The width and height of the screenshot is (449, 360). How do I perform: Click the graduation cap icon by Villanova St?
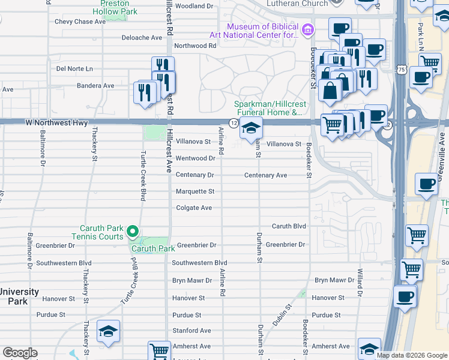click(251, 128)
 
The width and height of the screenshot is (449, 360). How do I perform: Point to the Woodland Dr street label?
click(194, 6)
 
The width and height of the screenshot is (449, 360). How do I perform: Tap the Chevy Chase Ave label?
click(80, 22)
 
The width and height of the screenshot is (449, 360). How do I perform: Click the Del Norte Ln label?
click(74, 68)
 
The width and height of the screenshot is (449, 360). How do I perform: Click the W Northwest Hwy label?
click(56, 123)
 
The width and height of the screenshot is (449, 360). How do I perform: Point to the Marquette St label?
click(194, 191)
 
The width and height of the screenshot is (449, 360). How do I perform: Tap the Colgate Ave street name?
click(194, 208)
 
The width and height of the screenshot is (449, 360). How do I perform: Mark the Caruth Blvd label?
click(289, 226)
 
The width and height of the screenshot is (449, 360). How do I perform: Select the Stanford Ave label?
click(192, 331)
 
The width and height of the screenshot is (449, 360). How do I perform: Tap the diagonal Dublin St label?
click(281, 314)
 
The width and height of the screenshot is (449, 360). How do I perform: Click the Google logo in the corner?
click(20, 353)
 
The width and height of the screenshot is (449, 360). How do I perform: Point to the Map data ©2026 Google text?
click(411, 355)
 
